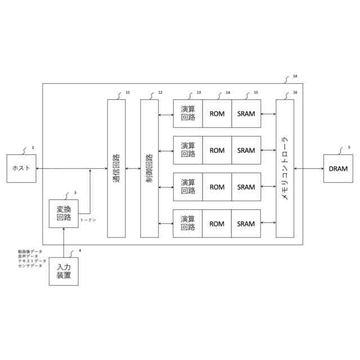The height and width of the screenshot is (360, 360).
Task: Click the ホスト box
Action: click(x=21, y=168)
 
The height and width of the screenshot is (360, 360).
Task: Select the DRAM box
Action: click(x=337, y=168)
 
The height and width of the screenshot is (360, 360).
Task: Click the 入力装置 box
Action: click(x=64, y=271)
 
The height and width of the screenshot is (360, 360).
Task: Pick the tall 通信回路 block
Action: click(x=116, y=168)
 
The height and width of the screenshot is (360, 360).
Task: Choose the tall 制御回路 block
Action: click(x=150, y=168)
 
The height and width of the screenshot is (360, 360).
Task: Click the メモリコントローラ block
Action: click(x=285, y=168)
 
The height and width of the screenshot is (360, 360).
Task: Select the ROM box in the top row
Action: click(x=217, y=114)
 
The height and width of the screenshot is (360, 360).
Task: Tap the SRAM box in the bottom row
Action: click(x=246, y=224)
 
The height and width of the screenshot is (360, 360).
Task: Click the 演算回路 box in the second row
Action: click(x=188, y=150)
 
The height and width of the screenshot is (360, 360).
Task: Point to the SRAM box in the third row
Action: click(x=246, y=187)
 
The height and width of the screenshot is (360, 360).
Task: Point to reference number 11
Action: click(x=128, y=92)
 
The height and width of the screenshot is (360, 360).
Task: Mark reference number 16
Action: click(x=295, y=92)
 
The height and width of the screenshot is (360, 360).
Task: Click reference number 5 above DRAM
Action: click(x=349, y=147)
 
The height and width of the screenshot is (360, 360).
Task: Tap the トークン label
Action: click(x=88, y=220)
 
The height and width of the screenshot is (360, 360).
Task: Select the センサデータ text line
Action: click(x=30, y=265)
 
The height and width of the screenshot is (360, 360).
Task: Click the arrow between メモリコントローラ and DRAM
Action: click(x=308, y=168)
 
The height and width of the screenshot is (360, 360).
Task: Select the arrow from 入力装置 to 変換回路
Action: click(x=64, y=242)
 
